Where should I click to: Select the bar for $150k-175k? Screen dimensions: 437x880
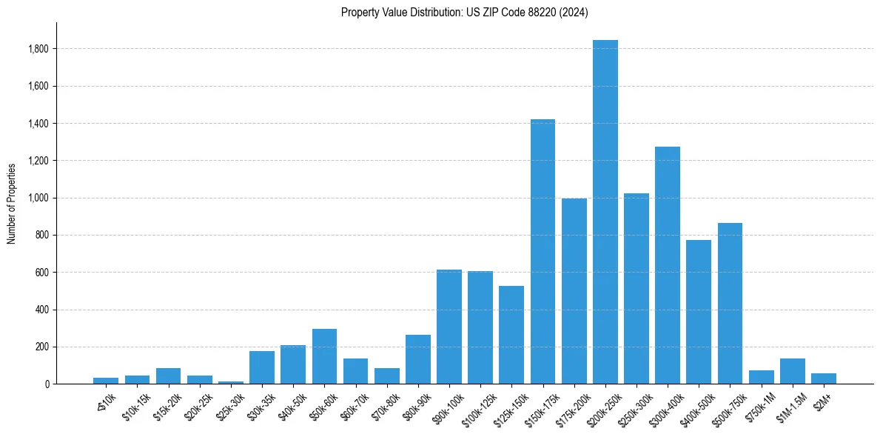pos(543,252)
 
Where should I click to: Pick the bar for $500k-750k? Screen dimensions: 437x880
pos(730,304)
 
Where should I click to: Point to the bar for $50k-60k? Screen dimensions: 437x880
pos(324,356)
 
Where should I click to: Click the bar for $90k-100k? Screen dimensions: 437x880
pos(449,327)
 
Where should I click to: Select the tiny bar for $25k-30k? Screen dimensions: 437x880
pos(231,382)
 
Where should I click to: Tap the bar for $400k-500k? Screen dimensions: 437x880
pos(699,312)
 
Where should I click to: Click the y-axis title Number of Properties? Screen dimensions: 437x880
pos(12,203)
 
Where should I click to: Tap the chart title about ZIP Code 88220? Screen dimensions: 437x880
pos(464,13)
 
